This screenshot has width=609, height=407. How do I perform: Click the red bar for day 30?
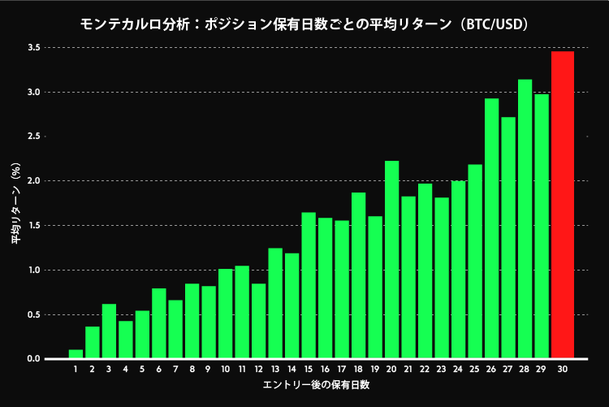click(563, 205)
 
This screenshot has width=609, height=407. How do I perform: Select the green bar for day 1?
click(76, 354)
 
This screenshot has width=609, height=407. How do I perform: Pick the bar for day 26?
click(491, 228)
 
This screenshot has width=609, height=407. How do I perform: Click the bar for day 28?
click(525, 219)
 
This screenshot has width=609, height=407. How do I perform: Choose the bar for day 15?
click(309, 285)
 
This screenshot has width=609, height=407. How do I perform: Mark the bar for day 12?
click(258, 321)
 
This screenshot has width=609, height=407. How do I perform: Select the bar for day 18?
click(358, 275)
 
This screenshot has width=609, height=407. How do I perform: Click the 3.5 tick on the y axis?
click(33, 48)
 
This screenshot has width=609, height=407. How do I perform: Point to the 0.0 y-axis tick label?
click(33, 359)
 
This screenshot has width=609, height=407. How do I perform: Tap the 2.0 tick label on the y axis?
click(33, 181)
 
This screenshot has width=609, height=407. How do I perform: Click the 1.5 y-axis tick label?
click(33, 226)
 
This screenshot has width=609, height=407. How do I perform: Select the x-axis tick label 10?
click(225, 370)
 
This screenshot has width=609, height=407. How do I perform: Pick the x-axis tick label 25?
click(475, 370)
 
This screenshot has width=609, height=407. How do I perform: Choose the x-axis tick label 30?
click(563, 370)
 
